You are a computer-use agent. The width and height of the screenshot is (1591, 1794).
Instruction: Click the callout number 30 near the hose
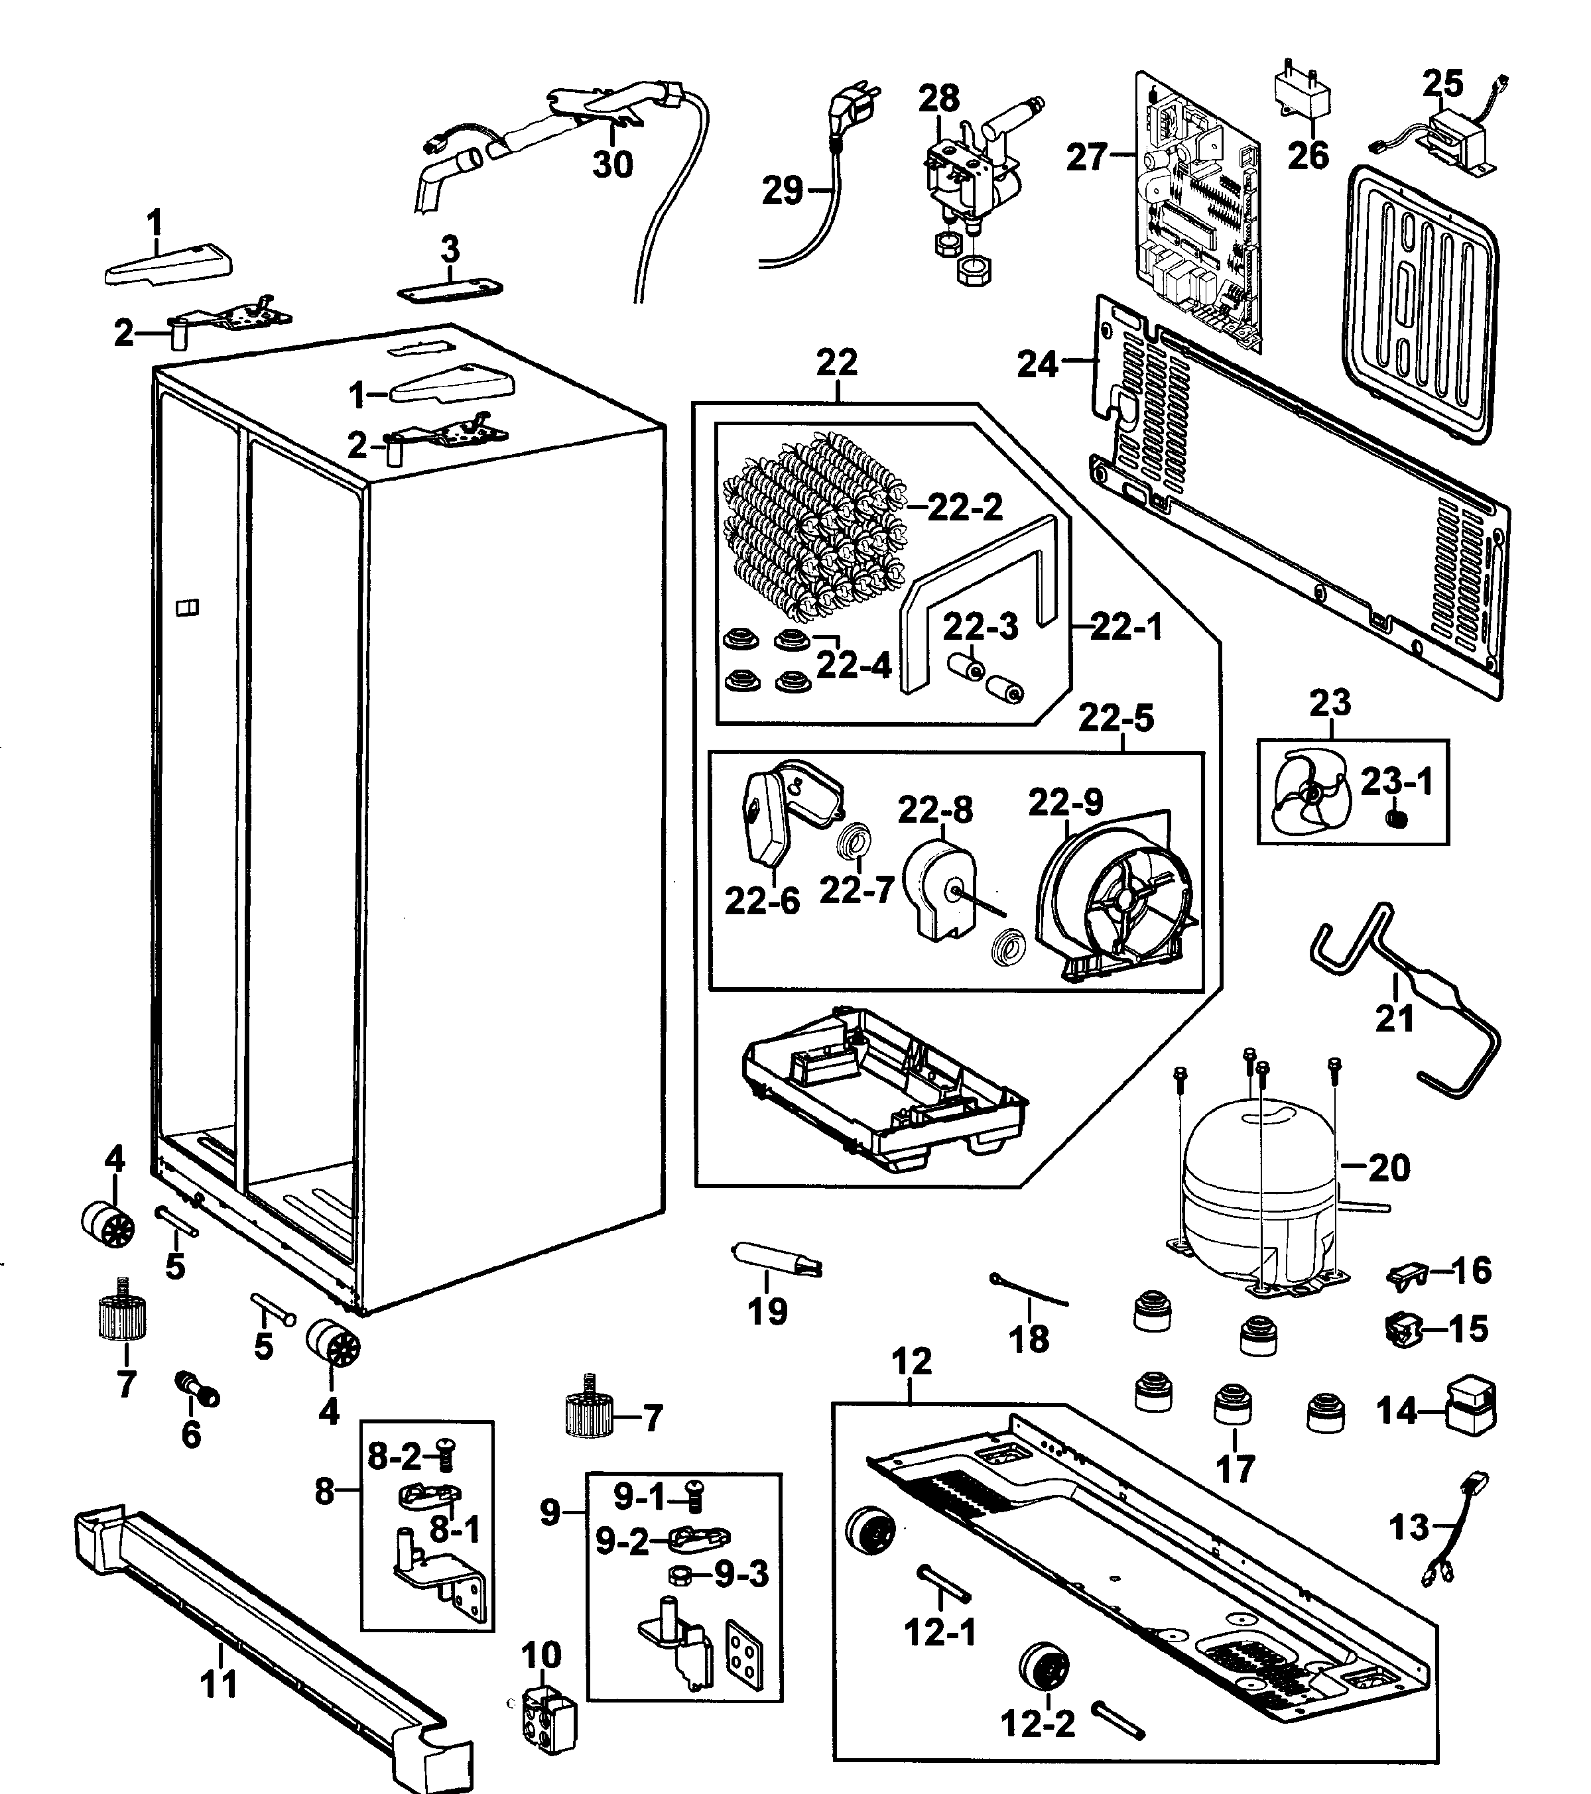(612, 164)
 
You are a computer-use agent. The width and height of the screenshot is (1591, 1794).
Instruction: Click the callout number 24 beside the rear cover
(1037, 363)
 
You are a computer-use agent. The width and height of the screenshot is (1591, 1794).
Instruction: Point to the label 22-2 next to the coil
(964, 507)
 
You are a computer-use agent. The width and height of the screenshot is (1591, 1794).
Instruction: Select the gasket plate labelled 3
(450, 290)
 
